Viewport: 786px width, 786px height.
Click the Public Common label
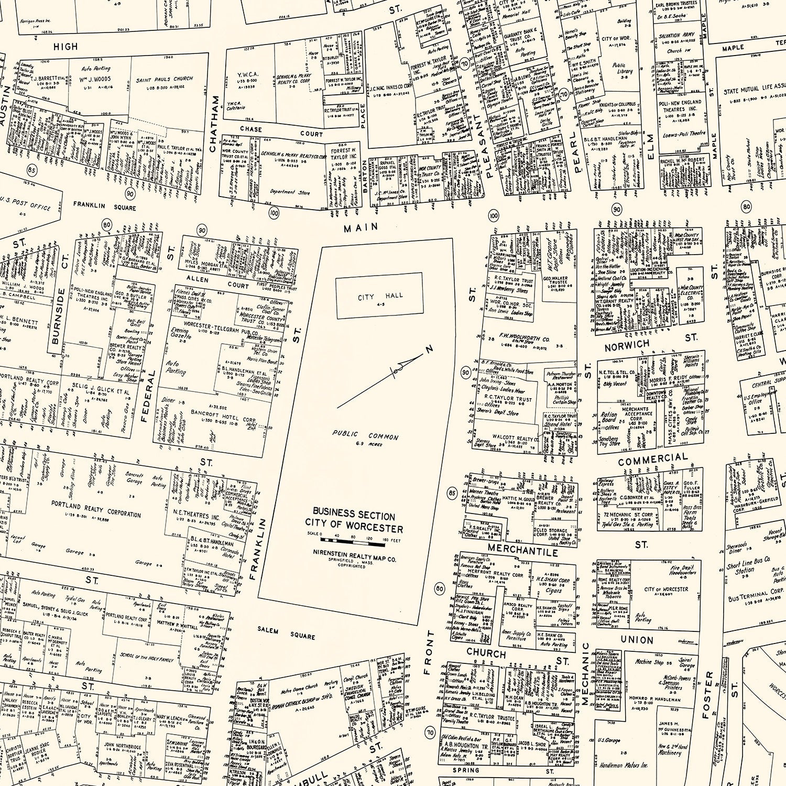(x=365, y=436)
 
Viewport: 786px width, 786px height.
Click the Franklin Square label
(x=104, y=206)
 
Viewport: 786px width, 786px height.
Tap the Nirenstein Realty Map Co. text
(x=354, y=559)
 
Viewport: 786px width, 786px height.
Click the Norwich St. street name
(x=627, y=345)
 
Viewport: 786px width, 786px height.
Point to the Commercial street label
(x=652, y=460)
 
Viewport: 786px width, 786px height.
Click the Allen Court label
(x=217, y=282)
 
